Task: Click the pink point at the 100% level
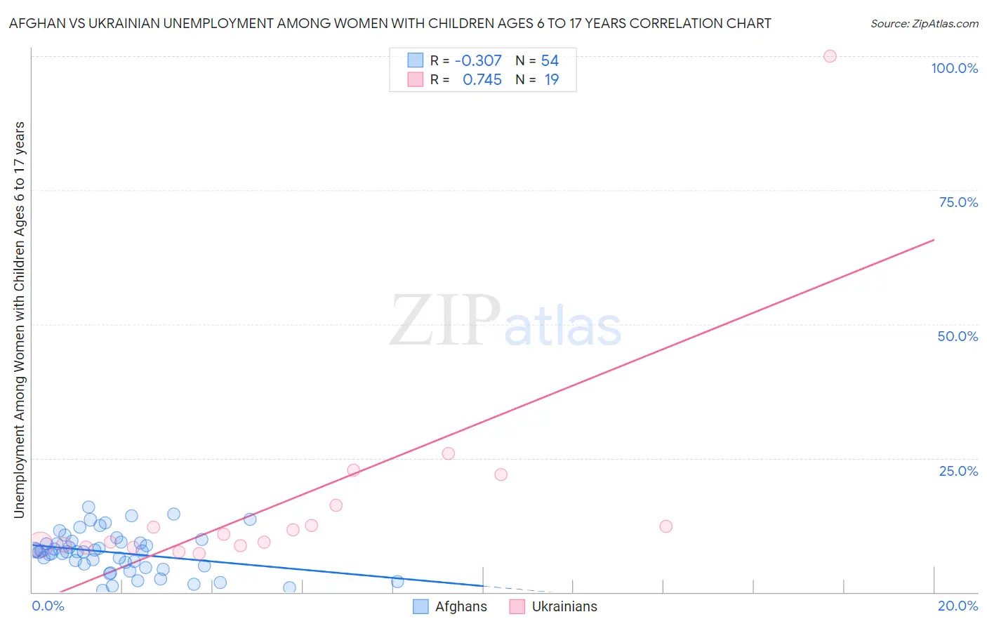[x=830, y=56]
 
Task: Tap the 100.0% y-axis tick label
[x=954, y=68]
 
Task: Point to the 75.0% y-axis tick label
[x=958, y=202]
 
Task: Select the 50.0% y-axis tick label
[x=958, y=336]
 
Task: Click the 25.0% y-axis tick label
[x=958, y=471]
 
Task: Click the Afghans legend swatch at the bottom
[x=420, y=607]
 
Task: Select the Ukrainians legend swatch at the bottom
[x=517, y=607]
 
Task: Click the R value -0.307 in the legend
[x=478, y=61]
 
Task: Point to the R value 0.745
[x=482, y=80]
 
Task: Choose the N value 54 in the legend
[x=550, y=61]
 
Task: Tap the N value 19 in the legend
[x=552, y=80]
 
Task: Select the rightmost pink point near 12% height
[x=666, y=526]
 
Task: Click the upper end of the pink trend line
[x=934, y=240]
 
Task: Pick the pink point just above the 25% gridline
[x=449, y=453]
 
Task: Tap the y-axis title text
[x=19, y=320]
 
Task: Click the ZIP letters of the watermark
[x=445, y=321]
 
